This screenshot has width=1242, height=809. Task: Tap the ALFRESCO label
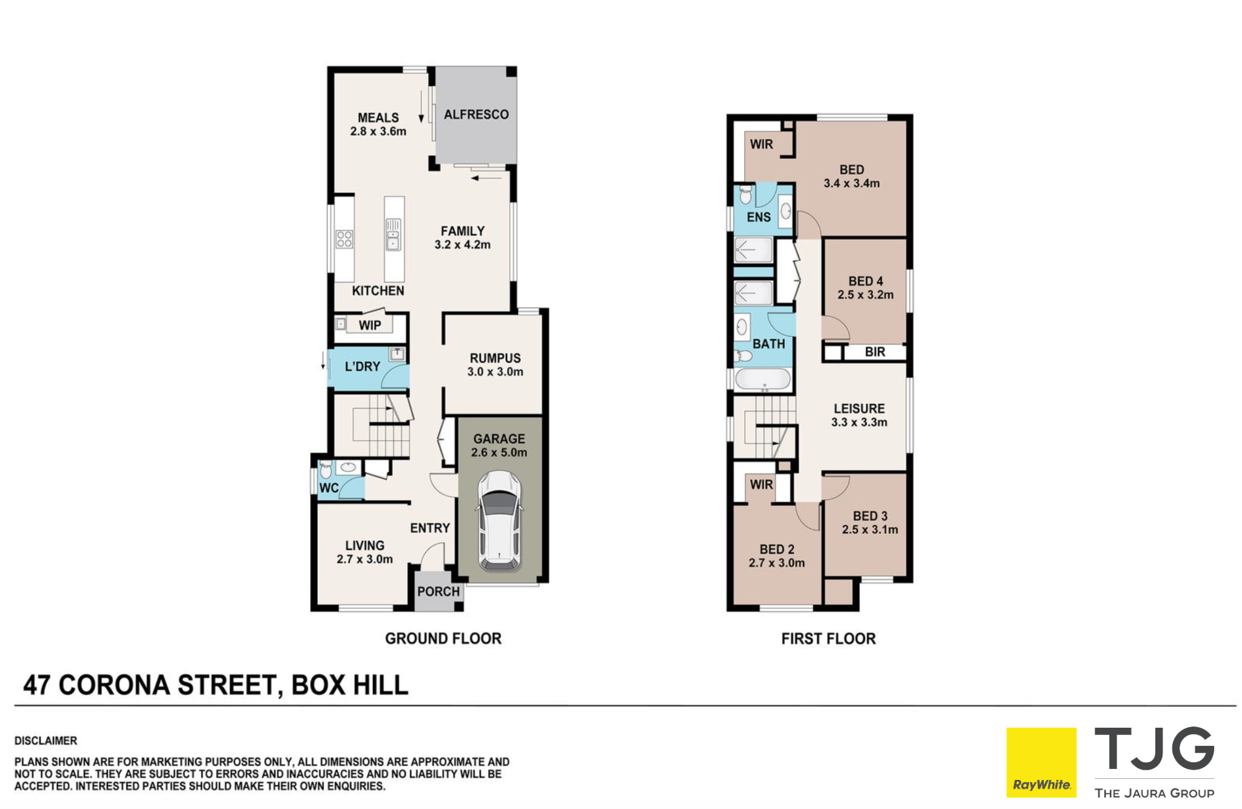(476, 115)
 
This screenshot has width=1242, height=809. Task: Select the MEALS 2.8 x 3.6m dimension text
(378, 131)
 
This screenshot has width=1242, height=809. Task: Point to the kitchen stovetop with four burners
(344, 239)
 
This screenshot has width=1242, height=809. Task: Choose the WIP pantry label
(370, 326)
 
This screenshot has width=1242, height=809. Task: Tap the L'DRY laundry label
(362, 366)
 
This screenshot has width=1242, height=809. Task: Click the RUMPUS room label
(495, 358)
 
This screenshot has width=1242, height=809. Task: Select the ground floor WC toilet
(326, 469)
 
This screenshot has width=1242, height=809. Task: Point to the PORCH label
(438, 591)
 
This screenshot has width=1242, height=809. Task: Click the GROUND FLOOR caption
(443, 639)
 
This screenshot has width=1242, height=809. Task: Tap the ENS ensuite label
(759, 217)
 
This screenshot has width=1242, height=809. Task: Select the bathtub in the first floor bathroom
(763, 379)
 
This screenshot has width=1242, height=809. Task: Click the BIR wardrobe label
(874, 352)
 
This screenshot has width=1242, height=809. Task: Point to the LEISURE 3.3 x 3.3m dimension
(859, 422)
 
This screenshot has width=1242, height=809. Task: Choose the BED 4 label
(865, 281)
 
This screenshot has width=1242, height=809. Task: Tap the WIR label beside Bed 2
(761, 485)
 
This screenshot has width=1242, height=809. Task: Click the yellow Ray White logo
(1041, 763)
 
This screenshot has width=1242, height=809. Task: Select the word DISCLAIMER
(46, 740)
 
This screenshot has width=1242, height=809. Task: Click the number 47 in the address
(37, 685)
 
